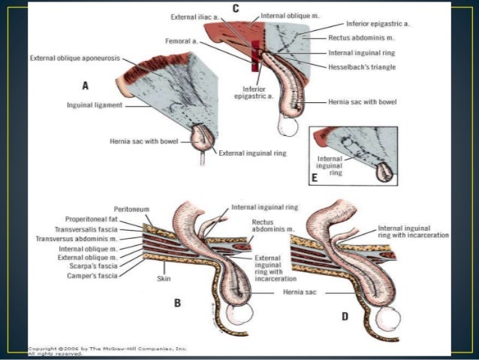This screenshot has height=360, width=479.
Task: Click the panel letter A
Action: click(x=86, y=86)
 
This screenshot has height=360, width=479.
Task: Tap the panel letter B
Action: click(x=178, y=304)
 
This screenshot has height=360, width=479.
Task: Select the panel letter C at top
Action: click(x=235, y=8)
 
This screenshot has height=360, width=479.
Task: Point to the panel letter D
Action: click(x=345, y=316)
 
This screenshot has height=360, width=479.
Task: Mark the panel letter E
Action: click(x=315, y=179)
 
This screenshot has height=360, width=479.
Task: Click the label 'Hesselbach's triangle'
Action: click(x=363, y=68)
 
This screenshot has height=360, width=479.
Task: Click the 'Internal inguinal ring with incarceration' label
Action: click(x=413, y=231)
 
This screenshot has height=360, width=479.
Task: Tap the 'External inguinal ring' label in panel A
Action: click(x=252, y=153)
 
